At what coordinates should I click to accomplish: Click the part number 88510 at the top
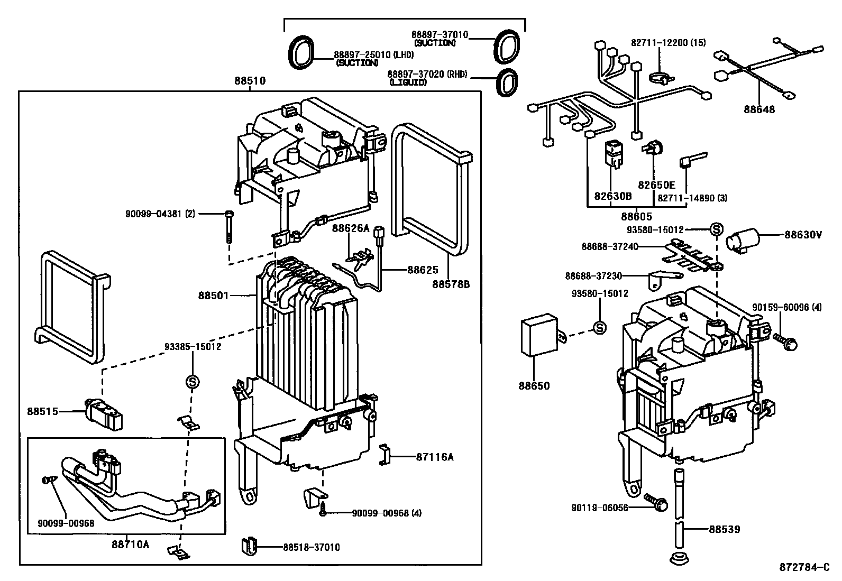[x=250, y=81]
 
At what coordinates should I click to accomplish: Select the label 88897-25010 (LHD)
[x=373, y=54]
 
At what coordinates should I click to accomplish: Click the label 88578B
[x=451, y=284]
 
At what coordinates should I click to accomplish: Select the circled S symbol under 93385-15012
[x=192, y=381]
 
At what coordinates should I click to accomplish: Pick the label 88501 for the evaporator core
[x=214, y=296]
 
